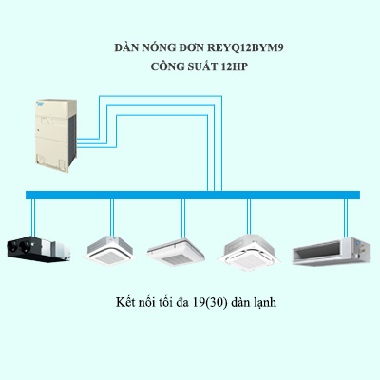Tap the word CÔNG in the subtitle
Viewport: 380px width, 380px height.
click(x=171, y=67)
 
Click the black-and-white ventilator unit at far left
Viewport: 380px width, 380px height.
click(x=37, y=248)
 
